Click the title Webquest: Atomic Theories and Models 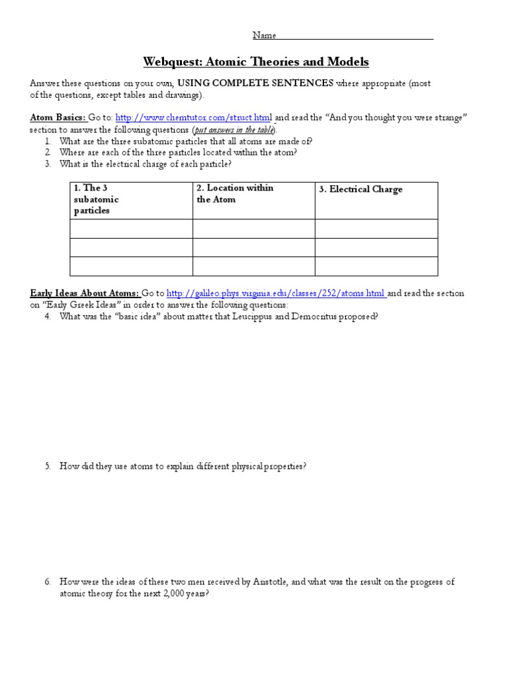pyautogui.click(x=256, y=62)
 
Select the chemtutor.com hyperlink pyautogui.click(x=194, y=118)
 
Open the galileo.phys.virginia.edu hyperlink pyautogui.click(x=276, y=294)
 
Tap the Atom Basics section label pyautogui.click(x=58, y=118)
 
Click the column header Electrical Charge pyautogui.click(x=360, y=190)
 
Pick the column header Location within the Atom pyautogui.click(x=235, y=194)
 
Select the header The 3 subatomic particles pyautogui.click(x=97, y=200)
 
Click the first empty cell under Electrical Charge pyautogui.click(x=376, y=229)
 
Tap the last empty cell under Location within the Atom pyautogui.click(x=253, y=266)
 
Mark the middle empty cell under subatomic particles pyautogui.click(x=131, y=248)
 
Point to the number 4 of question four pyautogui.click(x=48, y=317)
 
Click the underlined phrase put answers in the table pyautogui.click(x=234, y=130)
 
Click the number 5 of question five pyautogui.click(x=48, y=466)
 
